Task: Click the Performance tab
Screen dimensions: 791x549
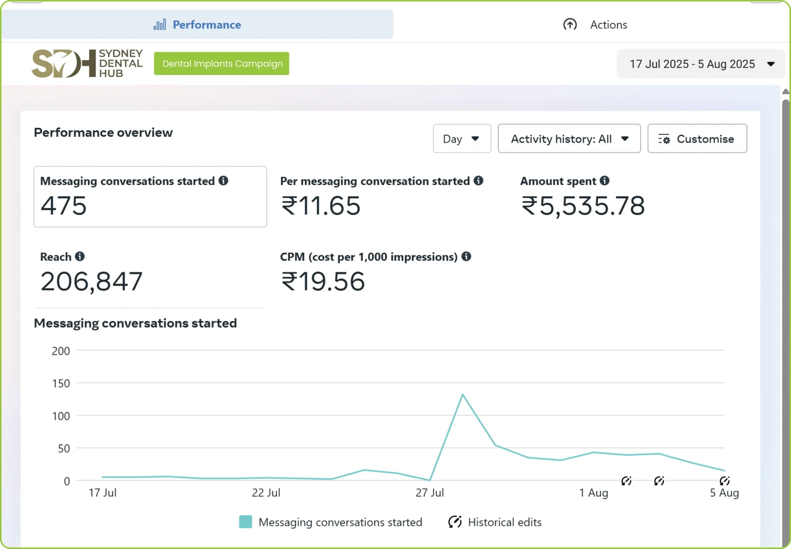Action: (x=197, y=24)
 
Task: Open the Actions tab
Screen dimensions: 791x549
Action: (x=595, y=25)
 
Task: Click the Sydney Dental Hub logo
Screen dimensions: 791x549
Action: (x=87, y=63)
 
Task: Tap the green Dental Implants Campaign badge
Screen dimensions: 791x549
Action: (x=222, y=64)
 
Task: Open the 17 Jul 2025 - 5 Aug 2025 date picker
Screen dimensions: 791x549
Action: (x=701, y=64)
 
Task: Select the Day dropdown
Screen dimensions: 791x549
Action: (x=462, y=139)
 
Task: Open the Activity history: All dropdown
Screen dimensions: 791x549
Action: (x=569, y=139)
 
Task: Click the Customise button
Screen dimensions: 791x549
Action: (x=697, y=139)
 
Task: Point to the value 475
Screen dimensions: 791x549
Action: (x=64, y=205)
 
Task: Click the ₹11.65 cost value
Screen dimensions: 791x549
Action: (x=321, y=205)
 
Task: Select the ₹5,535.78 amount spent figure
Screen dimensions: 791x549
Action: (x=583, y=206)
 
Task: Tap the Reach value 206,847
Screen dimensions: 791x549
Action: (x=92, y=281)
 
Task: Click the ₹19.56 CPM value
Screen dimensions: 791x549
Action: (x=323, y=281)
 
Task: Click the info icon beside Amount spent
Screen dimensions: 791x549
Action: (x=605, y=181)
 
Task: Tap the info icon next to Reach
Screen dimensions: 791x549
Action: (x=80, y=256)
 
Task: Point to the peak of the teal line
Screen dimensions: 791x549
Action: (x=462, y=394)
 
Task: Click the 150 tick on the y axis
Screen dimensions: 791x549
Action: (x=61, y=383)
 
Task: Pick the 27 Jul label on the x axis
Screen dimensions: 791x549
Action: (x=430, y=493)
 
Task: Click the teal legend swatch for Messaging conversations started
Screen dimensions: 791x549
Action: (x=246, y=522)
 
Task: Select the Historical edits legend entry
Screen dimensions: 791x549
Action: (x=495, y=522)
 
